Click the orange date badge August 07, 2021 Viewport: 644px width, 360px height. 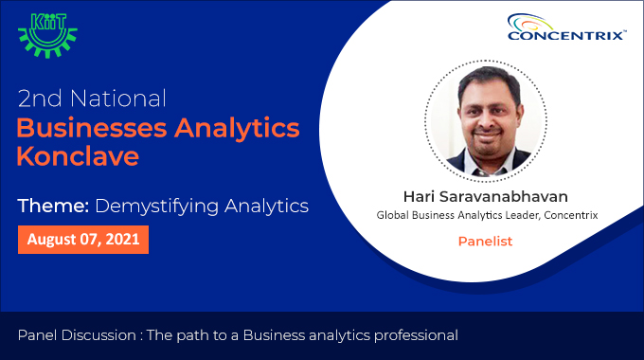coord(83,240)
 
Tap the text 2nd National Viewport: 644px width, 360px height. coord(93,98)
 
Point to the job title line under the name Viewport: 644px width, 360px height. coord(487,216)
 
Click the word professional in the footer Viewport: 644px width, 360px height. coord(412,334)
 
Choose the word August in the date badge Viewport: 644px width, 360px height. coord(50,240)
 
